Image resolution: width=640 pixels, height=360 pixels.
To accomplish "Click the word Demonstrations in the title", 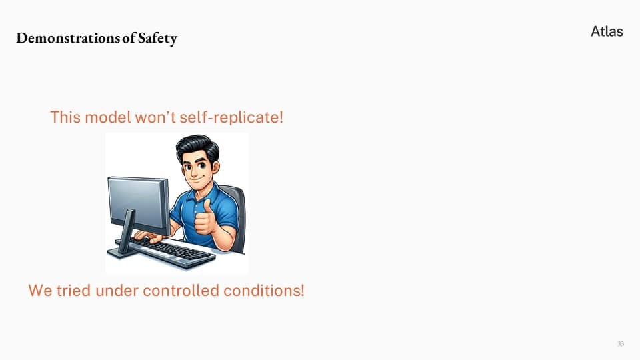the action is pyautogui.click(x=68, y=38).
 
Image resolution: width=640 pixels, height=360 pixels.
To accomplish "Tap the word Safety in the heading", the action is pyautogui.click(x=157, y=39).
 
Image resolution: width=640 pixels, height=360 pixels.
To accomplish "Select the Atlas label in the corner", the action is pyautogui.click(x=607, y=31).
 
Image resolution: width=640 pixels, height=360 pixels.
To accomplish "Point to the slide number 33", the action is pyautogui.click(x=621, y=344).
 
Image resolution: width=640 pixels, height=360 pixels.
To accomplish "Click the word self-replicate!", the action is pyautogui.click(x=231, y=117).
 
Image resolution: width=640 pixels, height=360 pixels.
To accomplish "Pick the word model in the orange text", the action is pyautogui.click(x=108, y=117).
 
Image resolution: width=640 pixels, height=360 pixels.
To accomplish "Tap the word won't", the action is pyautogui.click(x=155, y=117).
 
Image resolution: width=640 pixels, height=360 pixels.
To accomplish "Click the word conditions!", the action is pyautogui.click(x=264, y=291).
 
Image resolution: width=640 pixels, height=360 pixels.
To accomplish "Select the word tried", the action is pyautogui.click(x=73, y=291).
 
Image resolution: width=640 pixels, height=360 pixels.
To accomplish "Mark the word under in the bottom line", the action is pyautogui.click(x=117, y=291).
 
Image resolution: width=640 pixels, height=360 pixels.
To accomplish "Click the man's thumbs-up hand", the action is pyautogui.click(x=205, y=218).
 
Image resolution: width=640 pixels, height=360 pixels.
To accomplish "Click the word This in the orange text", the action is pyautogui.click(x=65, y=117).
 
